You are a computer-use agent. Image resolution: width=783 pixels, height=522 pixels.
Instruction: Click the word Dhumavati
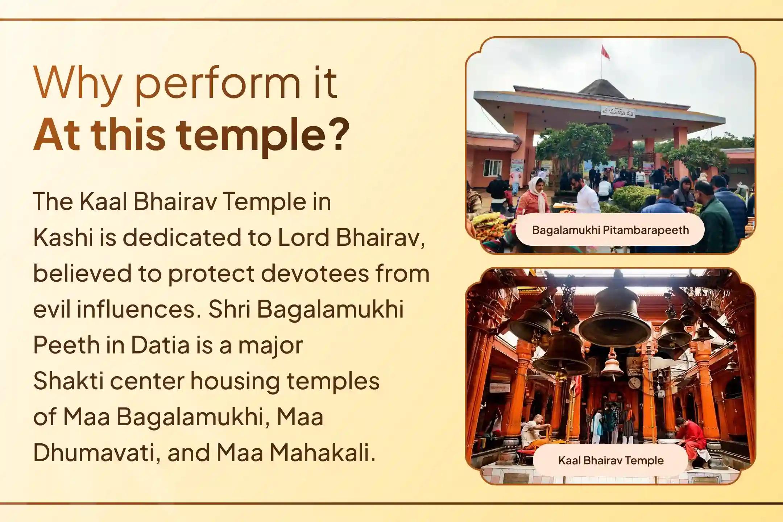coord(94,453)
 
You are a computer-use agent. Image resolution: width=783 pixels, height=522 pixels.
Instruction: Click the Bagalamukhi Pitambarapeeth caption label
coord(610,230)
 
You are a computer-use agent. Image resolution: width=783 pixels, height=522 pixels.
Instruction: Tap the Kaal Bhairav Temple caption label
coord(611,460)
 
